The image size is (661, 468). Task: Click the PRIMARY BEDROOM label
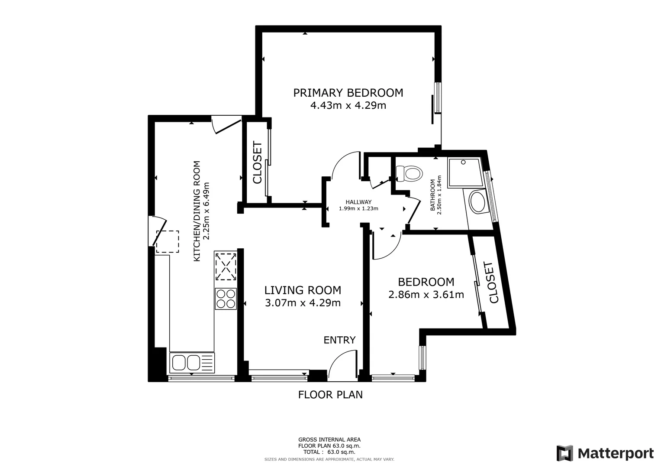click(x=348, y=93)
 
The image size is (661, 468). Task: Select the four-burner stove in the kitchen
click(x=226, y=299)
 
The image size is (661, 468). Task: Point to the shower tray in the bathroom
click(x=464, y=173)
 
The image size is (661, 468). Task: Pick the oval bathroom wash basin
click(x=478, y=202)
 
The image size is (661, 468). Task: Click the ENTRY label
click(x=339, y=340)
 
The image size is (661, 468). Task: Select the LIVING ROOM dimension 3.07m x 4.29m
click(x=303, y=303)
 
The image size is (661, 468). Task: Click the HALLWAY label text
click(x=358, y=202)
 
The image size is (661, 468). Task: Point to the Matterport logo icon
click(x=565, y=453)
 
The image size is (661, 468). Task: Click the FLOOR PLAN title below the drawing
click(x=330, y=395)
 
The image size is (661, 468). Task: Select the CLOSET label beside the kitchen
click(x=257, y=162)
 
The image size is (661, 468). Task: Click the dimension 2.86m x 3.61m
click(x=426, y=295)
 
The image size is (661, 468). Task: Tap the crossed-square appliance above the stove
click(x=226, y=266)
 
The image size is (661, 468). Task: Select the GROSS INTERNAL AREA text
click(x=329, y=439)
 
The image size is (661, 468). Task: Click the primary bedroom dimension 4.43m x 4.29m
click(x=348, y=105)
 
